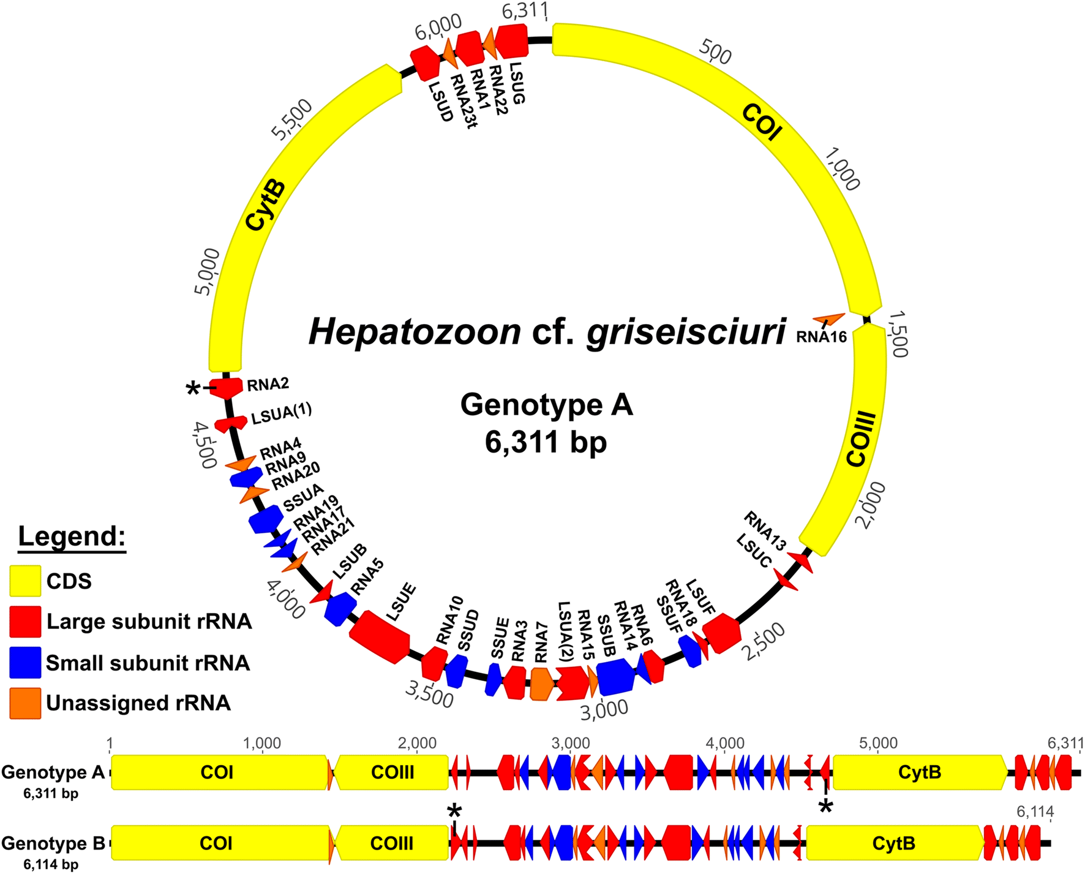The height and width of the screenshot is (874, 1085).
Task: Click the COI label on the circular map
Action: tap(762, 121)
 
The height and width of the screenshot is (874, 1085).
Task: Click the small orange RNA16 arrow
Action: tap(829, 318)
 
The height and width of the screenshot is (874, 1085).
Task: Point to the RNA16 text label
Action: tap(821, 336)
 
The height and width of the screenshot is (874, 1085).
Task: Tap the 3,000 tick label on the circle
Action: tap(604, 709)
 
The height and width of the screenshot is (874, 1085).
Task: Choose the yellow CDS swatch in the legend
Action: tap(25, 581)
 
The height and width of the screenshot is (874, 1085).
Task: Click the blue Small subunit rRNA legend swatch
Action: tap(25, 663)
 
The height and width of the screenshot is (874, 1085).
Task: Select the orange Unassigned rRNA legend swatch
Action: tap(25, 703)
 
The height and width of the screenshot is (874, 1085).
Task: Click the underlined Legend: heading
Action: tap(72, 537)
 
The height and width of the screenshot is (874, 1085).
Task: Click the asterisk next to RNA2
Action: tap(193, 389)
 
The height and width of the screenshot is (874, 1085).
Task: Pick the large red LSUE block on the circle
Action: tap(380, 636)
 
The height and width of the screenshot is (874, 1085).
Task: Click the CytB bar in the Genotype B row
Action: tap(894, 843)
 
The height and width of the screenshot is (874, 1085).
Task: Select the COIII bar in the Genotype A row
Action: tap(392, 772)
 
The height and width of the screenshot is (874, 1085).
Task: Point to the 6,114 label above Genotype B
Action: tap(1035, 812)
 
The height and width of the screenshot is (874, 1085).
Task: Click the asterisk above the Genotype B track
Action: tap(454, 813)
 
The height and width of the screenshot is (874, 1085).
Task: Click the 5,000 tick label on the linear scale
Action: tap(879, 744)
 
